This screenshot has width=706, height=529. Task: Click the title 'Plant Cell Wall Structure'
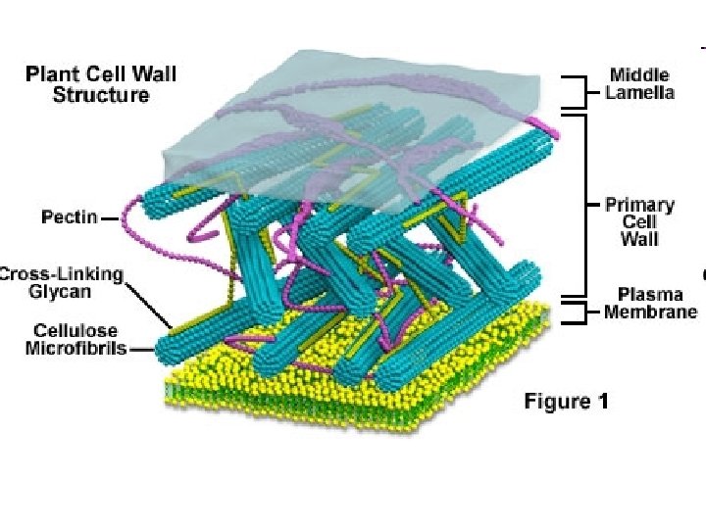(x=101, y=84)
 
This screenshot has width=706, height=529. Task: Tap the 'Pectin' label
(x=69, y=216)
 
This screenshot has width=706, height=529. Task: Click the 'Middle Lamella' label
(x=641, y=83)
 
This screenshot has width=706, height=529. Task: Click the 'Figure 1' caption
(x=566, y=401)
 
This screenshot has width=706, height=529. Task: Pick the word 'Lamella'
(x=641, y=93)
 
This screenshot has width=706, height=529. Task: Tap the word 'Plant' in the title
(x=51, y=73)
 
